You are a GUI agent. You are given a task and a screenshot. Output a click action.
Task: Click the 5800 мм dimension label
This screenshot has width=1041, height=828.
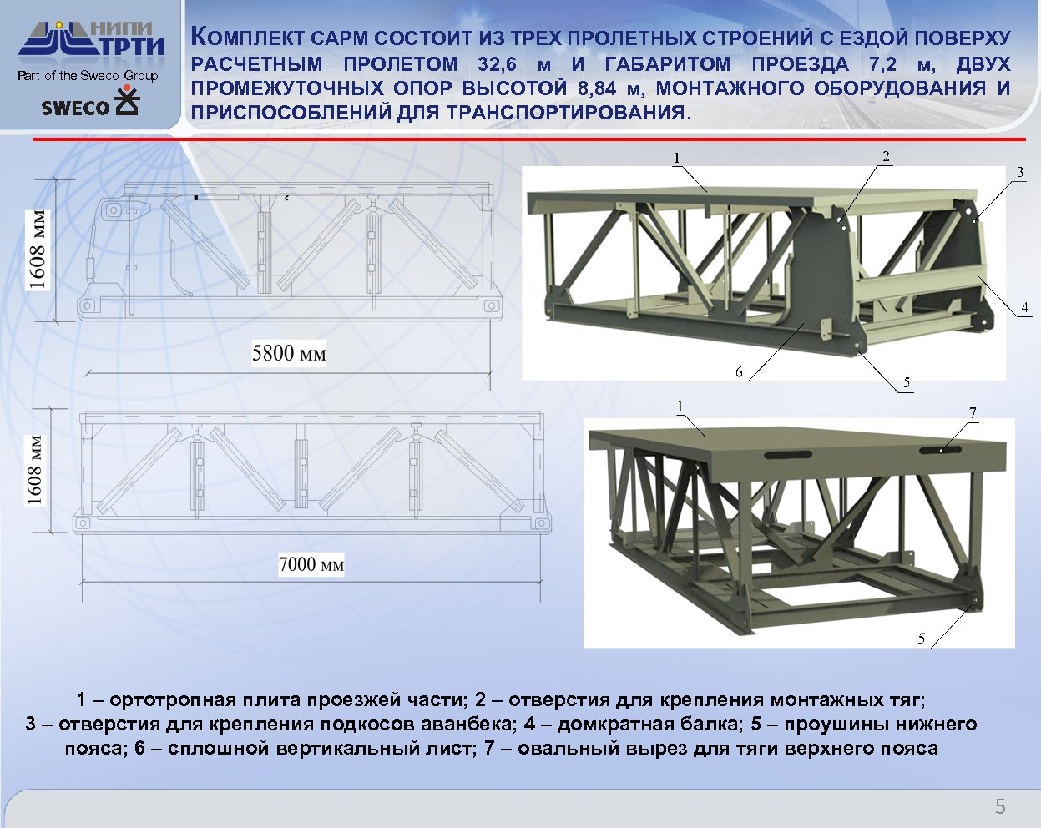coord(289,353)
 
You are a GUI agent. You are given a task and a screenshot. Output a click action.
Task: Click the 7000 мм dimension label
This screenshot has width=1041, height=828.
coord(311,564)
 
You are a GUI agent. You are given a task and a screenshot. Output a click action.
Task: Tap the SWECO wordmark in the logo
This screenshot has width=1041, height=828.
coord(75,108)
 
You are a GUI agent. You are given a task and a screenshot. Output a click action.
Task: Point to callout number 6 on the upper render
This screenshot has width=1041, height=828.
coord(739,372)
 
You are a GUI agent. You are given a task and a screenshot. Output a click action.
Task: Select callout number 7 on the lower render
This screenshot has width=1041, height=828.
coord(973,412)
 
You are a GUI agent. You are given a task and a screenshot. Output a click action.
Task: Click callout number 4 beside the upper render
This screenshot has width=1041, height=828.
coord(1024,307)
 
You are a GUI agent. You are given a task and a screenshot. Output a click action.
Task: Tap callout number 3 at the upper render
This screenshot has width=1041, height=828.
coord(1020,172)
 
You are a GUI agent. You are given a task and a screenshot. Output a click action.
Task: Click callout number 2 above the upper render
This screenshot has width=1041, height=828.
coord(886,156)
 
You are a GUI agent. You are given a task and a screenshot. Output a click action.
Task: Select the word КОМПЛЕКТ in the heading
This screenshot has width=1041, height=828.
coord(248,38)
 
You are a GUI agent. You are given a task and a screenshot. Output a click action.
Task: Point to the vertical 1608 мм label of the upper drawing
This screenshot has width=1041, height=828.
coord(38,250)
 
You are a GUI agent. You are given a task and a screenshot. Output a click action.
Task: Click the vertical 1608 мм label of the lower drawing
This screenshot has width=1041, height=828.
coord(34,471)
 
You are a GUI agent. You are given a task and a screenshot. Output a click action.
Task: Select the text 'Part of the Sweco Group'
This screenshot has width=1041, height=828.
coord(88,76)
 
